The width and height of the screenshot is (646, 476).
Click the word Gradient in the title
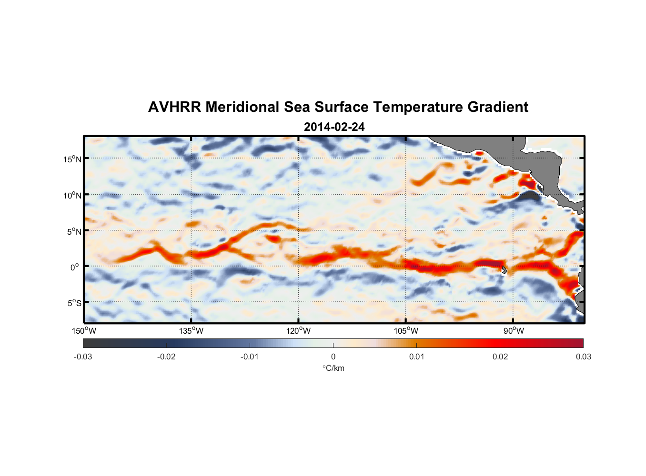(497, 107)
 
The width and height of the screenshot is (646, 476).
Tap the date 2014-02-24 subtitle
(334, 127)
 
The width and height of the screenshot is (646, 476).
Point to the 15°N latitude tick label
(72, 159)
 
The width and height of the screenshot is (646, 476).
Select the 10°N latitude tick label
(72, 195)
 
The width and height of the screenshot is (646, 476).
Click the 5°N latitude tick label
(74, 231)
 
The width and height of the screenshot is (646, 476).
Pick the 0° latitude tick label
(75, 267)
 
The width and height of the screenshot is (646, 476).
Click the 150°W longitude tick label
(84, 331)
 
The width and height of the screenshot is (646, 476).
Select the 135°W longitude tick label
(191, 331)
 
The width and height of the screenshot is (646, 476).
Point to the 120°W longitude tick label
(298, 331)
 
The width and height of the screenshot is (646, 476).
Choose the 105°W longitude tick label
(406, 331)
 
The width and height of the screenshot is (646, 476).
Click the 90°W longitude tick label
(513, 331)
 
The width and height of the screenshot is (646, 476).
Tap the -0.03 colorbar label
(83, 357)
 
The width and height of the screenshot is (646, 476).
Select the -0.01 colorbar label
(250, 357)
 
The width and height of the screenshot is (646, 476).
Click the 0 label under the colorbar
(333, 357)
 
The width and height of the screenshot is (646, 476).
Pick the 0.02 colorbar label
(500, 357)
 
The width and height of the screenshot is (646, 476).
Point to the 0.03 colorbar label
(583, 357)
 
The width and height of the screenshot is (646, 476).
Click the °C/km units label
(333, 368)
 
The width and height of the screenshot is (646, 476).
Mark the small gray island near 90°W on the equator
(504, 270)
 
